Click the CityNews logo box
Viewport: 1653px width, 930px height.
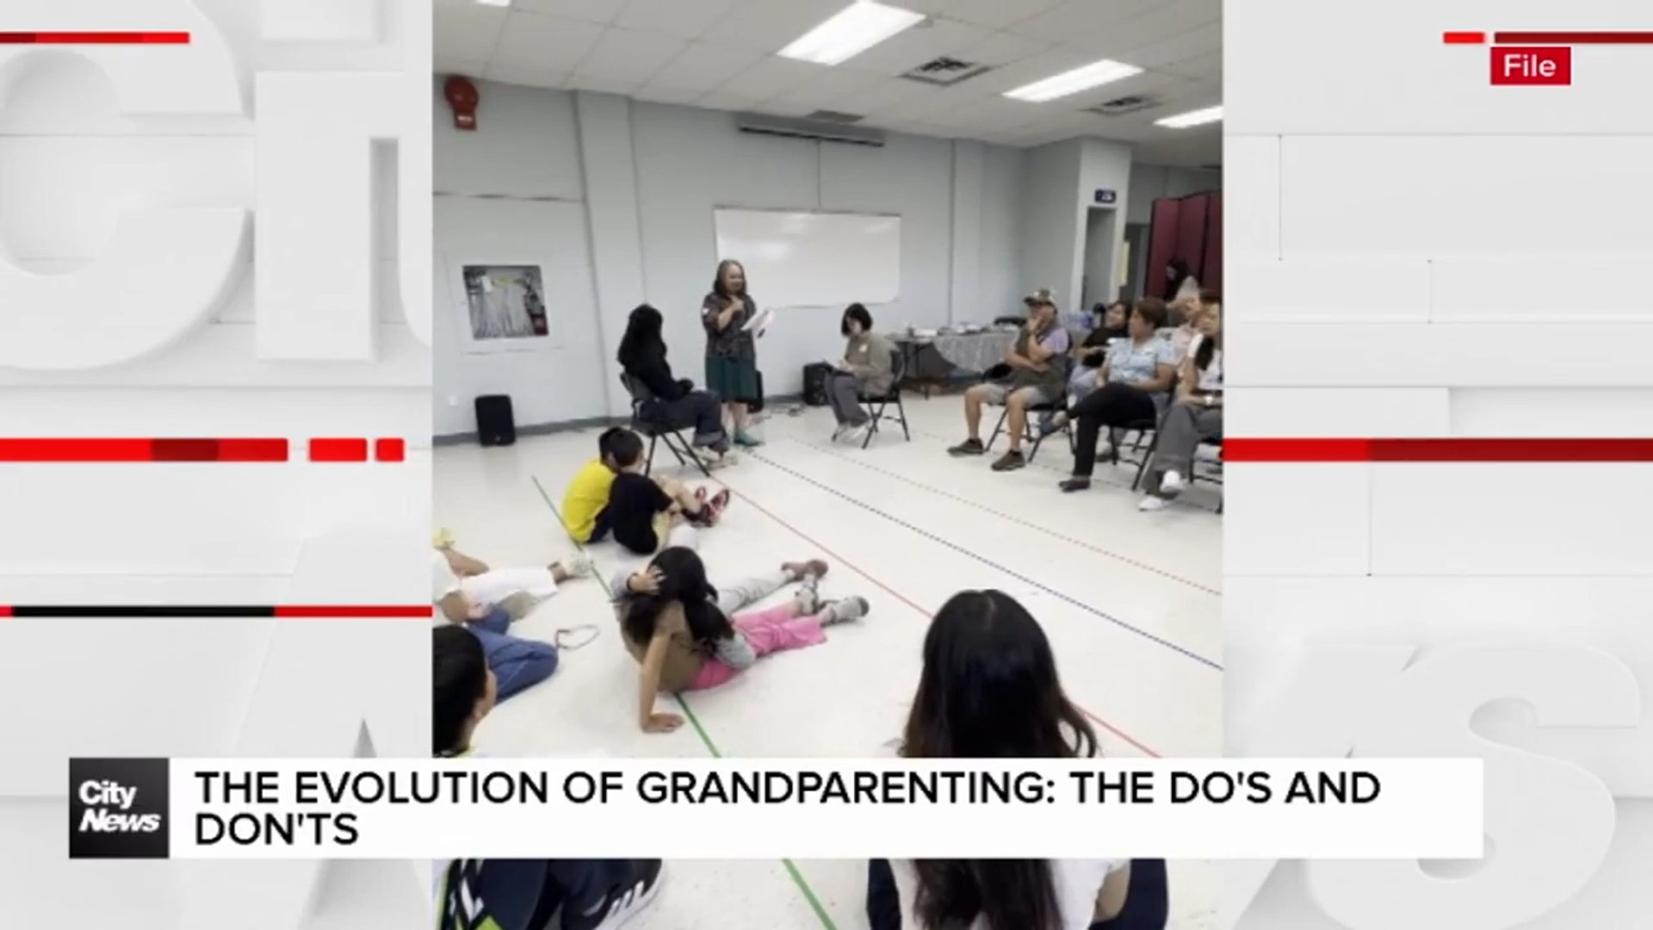click(119, 808)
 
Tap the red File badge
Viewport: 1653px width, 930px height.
click(1531, 66)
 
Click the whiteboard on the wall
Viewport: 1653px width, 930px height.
click(807, 257)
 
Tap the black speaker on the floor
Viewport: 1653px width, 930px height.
click(494, 420)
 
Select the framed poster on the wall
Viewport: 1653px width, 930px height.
click(505, 302)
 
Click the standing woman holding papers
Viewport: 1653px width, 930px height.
click(731, 353)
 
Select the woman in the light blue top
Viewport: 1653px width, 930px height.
click(1128, 387)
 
